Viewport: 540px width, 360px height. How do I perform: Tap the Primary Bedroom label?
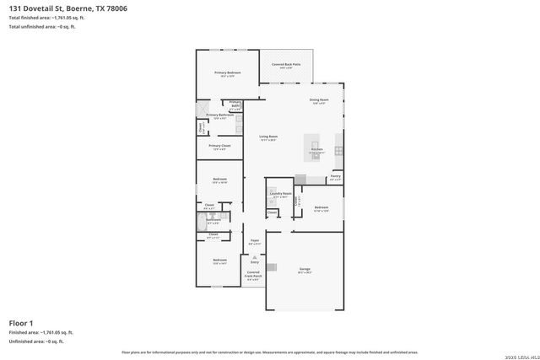pyautogui.click(x=228, y=73)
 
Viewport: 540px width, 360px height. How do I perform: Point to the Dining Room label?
pyautogui.click(x=320, y=101)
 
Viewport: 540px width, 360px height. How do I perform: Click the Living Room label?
pyautogui.click(x=268, y=137)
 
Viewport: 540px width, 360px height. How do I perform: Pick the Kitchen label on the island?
pyautogui.click(x=316, y=149)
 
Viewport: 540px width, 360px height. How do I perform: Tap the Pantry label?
pyautogui.click(x=335, y=177)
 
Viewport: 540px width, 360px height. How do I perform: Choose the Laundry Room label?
pyautogui.click(x=280, y=194)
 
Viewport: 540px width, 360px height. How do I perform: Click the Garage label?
pyautogui.click(x=305, y=270)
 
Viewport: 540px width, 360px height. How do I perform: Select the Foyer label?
pyautogui.click(x=254, y=241)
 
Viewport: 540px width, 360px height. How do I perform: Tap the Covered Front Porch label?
pyautogui.click(x=253, y=276)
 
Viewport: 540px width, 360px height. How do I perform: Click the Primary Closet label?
pyautogui.click(x=219, y=147)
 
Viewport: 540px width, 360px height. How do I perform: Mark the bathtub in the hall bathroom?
pyautogui.click(x=202, y=223)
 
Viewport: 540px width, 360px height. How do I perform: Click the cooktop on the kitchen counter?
pyautogui.click(x=338, y=151)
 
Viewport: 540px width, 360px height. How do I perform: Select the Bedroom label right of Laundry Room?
pyautogui.click(x=321, y=207)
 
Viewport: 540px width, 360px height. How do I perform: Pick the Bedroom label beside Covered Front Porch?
pyautogui.click(x=219, y=261)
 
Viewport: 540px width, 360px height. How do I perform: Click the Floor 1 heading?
pyautogui.click(x=21, y=323)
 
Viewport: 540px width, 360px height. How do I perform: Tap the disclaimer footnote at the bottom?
pyautogui.click(x=269, y=352)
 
